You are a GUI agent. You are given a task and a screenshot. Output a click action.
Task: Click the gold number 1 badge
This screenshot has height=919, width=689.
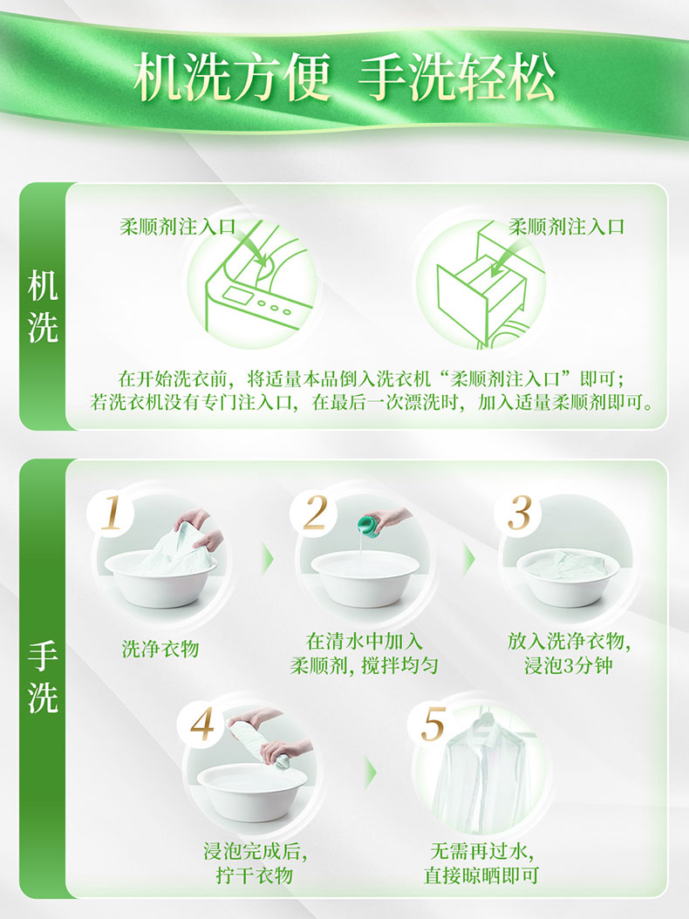click(111, 514)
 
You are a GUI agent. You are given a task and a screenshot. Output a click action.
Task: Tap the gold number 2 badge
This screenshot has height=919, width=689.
click(315, 513)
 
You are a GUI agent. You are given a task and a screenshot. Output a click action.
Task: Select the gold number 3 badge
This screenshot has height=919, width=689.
click(518, 513)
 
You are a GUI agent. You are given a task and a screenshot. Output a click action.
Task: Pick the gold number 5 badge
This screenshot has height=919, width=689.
click(433, 725)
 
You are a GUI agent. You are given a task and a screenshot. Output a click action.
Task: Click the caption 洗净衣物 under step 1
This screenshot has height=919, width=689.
click(160, 649)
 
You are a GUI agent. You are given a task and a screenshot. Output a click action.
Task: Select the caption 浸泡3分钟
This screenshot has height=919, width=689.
click(568, 666)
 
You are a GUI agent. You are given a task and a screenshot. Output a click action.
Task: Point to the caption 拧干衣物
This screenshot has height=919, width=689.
click(254, 875)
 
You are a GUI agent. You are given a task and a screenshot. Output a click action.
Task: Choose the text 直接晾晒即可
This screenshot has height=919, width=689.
click(481, 875)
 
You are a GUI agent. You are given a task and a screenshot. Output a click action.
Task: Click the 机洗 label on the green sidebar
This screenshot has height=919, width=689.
click(42, 307)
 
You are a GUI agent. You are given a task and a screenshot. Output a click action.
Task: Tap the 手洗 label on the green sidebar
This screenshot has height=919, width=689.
click(42, 677)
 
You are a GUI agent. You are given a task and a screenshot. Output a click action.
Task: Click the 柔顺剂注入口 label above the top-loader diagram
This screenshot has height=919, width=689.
click(178, 227)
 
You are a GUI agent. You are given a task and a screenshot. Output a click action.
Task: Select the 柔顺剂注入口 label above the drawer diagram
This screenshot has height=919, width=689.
click(566, 227)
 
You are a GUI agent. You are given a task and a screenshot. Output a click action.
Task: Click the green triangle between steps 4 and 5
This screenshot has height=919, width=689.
click(371, 773)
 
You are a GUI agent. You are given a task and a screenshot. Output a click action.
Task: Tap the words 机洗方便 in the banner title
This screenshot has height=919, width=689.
click(233, 77)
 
